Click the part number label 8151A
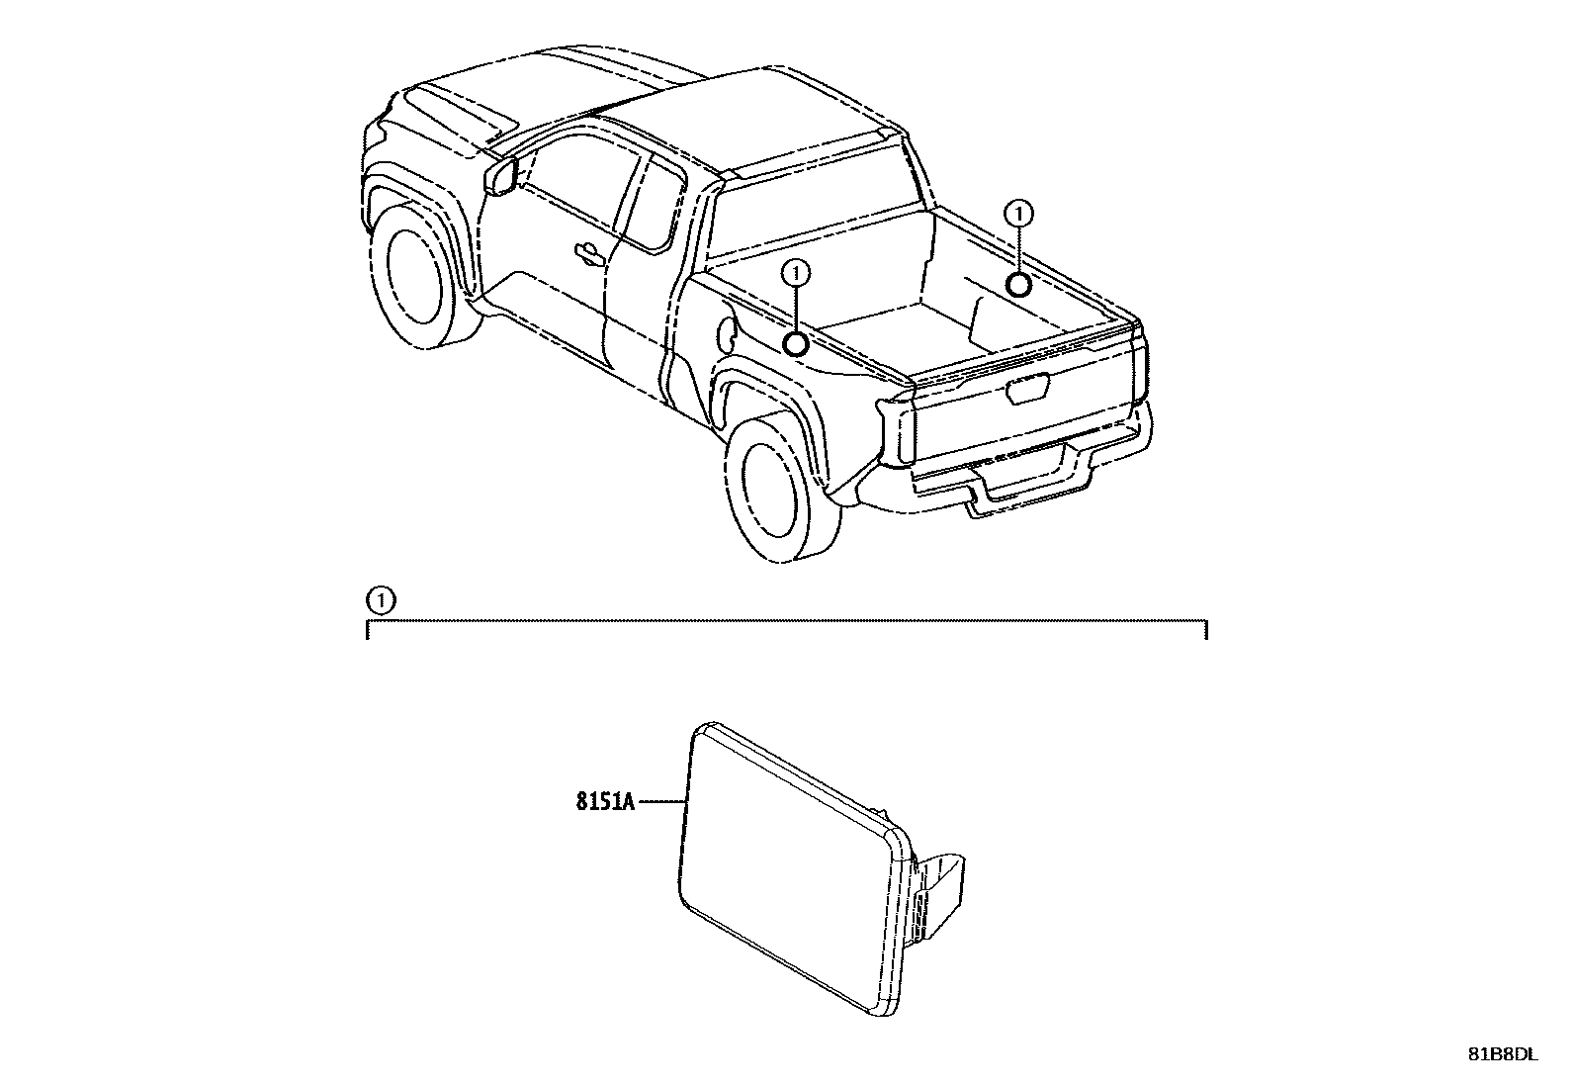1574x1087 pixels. (x=605, y=801)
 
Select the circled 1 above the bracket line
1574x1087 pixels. (x=381, y=600)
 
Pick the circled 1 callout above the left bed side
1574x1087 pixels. (x=796, y=272)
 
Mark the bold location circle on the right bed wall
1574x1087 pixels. (x=1017, y=285)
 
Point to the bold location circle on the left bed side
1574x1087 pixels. (x=796, y=344)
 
